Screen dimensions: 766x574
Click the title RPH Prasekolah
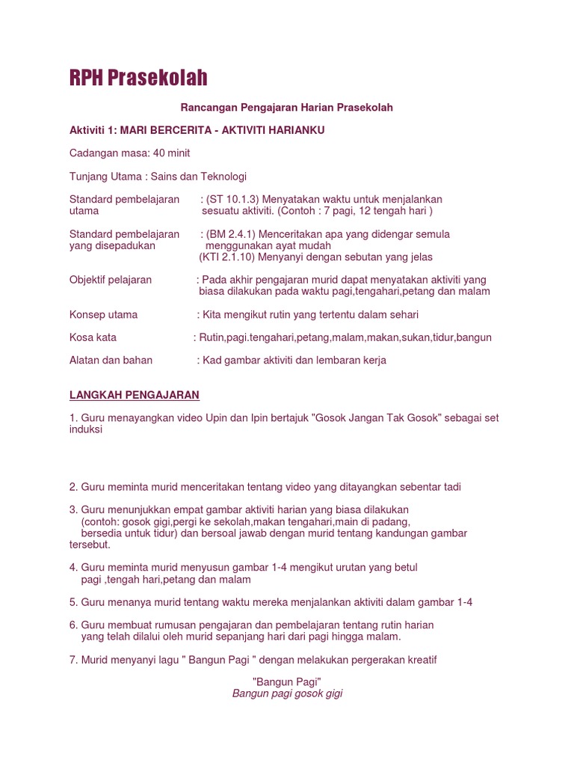click(x=138, y=78)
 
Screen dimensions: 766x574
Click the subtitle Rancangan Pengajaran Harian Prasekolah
click(x=288, y=108)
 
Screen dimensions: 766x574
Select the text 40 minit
click(x=171, y=153)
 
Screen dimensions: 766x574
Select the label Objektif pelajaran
click(x=111, y=280)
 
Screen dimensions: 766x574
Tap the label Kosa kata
click(x=93, y=337)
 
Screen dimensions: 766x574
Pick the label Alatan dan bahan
click(x=111, y=361)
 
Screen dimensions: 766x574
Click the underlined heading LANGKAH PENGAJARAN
click(x=135, y=395)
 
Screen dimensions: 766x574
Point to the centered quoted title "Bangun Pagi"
click(x=287, y=682)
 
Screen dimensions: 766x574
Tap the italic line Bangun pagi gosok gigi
click(x=287, y=694)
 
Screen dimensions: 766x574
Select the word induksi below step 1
click(x=86, y=430)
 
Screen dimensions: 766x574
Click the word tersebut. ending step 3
click(x=90, y=545)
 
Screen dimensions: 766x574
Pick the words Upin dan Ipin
click(x=218, y=418)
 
